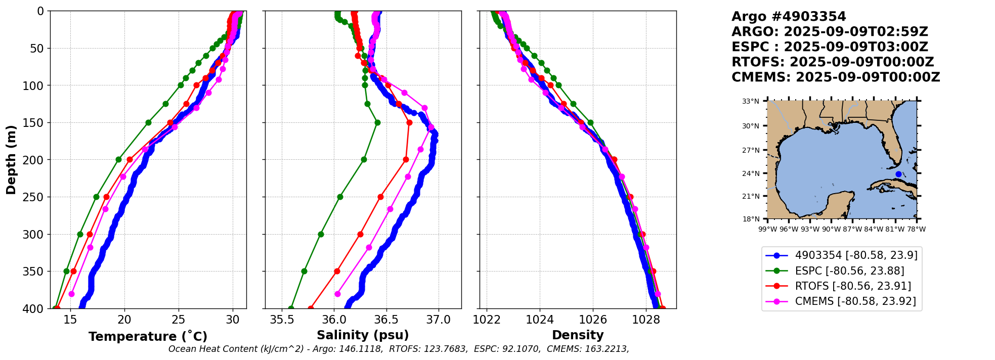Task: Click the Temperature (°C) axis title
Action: tap(148, 337)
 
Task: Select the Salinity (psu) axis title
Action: tap(363, 335)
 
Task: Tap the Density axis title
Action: tap(578, 335)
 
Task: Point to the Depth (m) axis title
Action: tap(11, 160)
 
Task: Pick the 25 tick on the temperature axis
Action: tap(179, 320)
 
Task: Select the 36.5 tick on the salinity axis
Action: tap(386, 320)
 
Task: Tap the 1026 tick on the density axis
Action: tap(592, 320)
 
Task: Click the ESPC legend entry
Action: tap(849, 271)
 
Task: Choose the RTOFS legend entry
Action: tap(853, 286)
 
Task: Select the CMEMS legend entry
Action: tap(855, 301)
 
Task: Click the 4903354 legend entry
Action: tap(856, 255)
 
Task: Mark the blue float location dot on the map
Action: tap(898, 174)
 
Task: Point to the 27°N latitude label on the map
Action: tap(751, 150)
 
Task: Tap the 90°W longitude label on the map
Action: tap(831, 229)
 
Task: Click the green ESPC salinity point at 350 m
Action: tap(304, 271)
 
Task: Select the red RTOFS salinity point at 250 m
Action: tap(380, 197)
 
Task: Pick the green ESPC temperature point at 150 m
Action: tap(148, 122)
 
